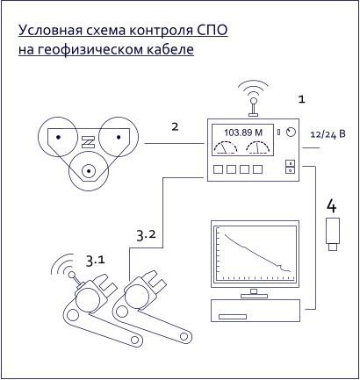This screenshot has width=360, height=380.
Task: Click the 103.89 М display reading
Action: [x=243, y=133]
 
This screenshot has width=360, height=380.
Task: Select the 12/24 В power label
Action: [x=328, y=134]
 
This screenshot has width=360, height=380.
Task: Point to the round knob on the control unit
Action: [x=291, y=133]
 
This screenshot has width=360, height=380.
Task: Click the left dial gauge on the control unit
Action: [x=226, y=147]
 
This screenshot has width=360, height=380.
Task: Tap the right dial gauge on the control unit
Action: [x=257, y=147]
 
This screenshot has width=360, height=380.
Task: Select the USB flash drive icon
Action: [x=333, y=234]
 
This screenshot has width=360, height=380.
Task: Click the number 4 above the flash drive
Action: [x=332, y=205]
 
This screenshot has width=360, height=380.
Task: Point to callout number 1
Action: [x=301, y=99]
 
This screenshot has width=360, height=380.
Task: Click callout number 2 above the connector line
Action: [x=175, y=126]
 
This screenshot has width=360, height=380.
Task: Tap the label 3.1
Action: [x=95, y=261]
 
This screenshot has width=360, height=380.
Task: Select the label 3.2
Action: [x=147, y=235]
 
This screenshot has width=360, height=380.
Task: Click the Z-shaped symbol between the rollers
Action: [x=88, y=142]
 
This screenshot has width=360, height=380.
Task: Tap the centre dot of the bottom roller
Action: [x=89, y=171]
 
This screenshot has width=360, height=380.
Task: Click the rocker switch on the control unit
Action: [x=290, y=167]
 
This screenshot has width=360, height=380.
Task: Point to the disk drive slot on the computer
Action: [x=233, y=317]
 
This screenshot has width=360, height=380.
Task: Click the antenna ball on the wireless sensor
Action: [x=71, y=275]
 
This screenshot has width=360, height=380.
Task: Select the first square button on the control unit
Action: [x=218, y=169]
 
